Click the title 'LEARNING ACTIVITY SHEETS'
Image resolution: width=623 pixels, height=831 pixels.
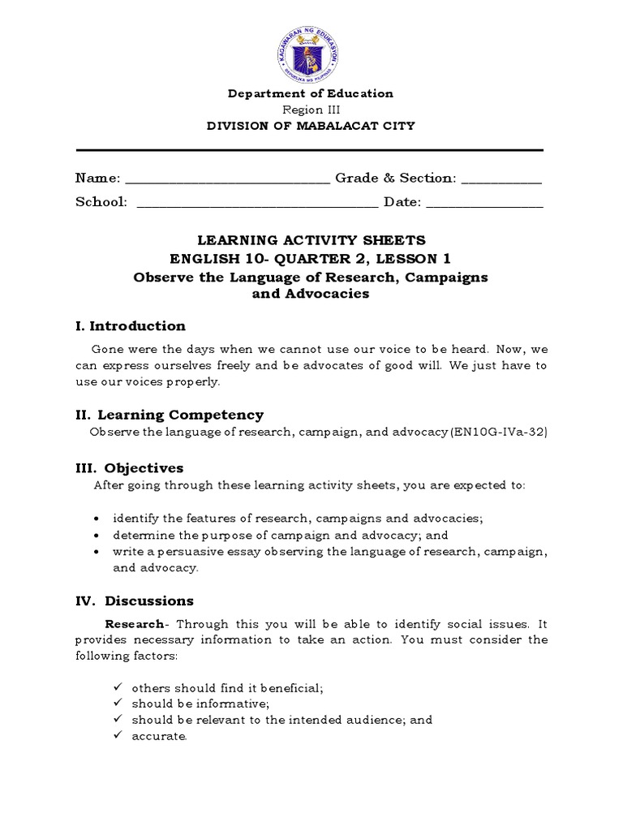click(311, 241)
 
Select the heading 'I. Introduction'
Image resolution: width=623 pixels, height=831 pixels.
click(131, 326)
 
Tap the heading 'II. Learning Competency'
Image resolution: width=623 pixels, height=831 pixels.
click(170, 415)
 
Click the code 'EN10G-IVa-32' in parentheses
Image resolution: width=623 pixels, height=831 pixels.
click(498, 432)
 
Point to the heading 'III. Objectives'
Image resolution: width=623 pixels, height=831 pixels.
click(130, 468)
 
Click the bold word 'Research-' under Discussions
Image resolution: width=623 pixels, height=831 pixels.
click(137, 624)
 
